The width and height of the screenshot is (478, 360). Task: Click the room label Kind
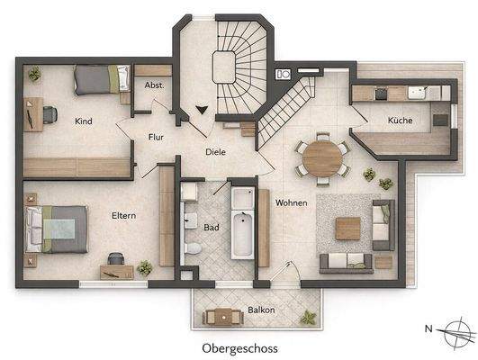(85, 121)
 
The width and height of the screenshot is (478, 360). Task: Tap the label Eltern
(124, 216)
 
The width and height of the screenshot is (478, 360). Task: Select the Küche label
(400, 120)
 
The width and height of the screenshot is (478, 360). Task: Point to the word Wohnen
(292, 202)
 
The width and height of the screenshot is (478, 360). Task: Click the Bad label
(212, 228)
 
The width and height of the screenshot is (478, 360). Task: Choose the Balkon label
(261, 310)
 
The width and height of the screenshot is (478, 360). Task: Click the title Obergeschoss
(239, 347)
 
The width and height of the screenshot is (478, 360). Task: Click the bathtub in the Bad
(243, 223)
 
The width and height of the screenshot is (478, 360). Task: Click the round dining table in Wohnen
(321, 158)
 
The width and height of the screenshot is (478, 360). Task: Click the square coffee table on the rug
(347, 228)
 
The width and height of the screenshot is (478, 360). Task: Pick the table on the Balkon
(221, 316)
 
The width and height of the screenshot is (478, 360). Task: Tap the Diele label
(214, 152)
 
